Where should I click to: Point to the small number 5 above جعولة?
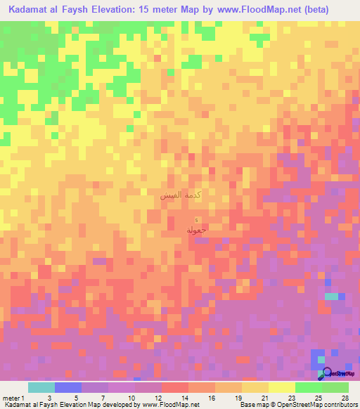click(196, 222)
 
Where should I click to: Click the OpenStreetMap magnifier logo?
click(326, 374)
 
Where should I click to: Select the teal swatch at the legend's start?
click(41, 387)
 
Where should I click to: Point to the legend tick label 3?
click(49, 398)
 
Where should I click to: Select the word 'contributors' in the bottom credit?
click(340, 405)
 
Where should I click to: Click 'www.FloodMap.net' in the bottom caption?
click(172, 405)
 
